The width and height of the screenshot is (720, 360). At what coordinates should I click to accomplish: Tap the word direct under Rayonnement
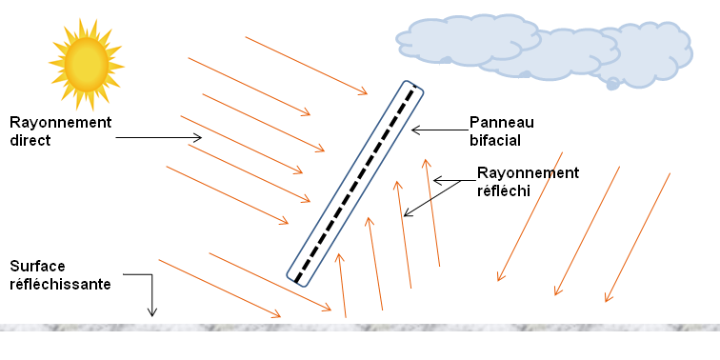(30, 139)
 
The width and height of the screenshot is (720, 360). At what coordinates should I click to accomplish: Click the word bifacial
(495, 140)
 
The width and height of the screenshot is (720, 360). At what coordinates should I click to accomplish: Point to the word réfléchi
(503, 190)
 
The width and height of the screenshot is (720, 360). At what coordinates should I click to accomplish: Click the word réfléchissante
(60, 284)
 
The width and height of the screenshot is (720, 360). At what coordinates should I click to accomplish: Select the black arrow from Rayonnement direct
(158, 138)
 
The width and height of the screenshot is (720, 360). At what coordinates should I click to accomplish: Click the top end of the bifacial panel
(414, 89)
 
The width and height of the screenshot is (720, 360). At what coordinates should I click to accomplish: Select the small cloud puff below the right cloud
(613, 84)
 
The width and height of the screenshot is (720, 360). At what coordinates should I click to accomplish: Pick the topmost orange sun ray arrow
(306, 66)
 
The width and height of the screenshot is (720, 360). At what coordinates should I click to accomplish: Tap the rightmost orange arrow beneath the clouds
(637, 237)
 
